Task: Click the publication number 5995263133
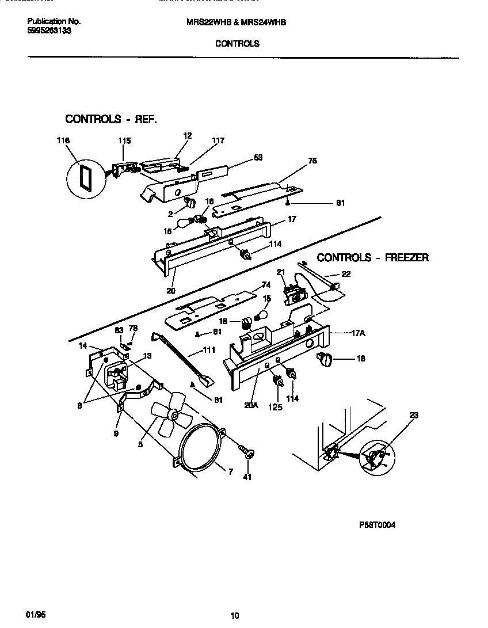click(x=49, y=31)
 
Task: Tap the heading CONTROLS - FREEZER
click(x=372, y=258)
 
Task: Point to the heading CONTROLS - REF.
click(x=110, y=119)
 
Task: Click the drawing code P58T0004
click(x=378, y=525)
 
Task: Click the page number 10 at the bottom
click(x=235, y=616)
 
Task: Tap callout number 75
click(x=312, y=161)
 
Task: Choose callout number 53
click(x=258, y=157)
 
